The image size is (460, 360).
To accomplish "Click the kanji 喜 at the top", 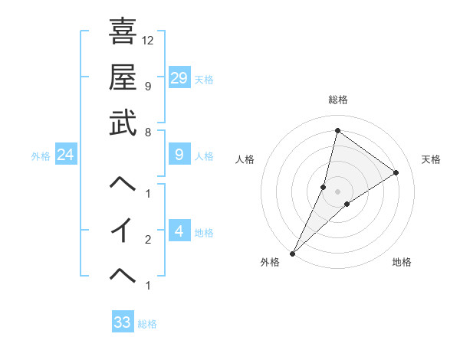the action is pyautogui.click(x=123, y=33).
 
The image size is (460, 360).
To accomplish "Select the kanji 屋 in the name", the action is pyautogui.click(x=123, y=77).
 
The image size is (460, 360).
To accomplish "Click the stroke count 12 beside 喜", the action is pyautogui.click(x=148, y=40).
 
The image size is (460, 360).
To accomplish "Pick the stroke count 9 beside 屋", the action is pyautogui.click(x=147, y=86).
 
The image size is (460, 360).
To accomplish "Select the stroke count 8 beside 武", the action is pyautogui.click(x=147, y=132).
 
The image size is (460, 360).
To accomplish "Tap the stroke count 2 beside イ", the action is pyautogui.click(x=147, y=240).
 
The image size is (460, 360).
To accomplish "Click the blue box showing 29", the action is pyautogui.click(x=179, y=77).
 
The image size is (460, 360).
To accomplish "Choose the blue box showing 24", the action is pyautogui.click(x=66, y=155).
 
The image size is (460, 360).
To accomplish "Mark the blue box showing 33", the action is pyautogui.click(x=123, y=322).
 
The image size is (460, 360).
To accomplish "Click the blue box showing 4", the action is pyautogui.click(x=179, y=231).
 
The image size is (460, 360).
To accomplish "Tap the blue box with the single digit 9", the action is pyautogui.click(x=179, y=155).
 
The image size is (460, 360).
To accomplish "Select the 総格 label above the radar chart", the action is pyautogui.click(x=337, y=100).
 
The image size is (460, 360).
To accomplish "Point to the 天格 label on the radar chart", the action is pyautogui.click(x=431, y=159).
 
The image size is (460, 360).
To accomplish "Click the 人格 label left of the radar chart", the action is pyautogui.click(x=245, y=159).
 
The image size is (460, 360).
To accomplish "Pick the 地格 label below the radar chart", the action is pyautogui.click(x=402, y=262).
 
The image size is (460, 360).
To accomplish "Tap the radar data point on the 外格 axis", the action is pyautogui.click(x=292, y=253).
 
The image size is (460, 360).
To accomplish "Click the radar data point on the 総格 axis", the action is pyautogui.click(x=337, y=130).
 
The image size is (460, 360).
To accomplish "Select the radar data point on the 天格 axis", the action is pyautogui.click(x=396, y=172).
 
